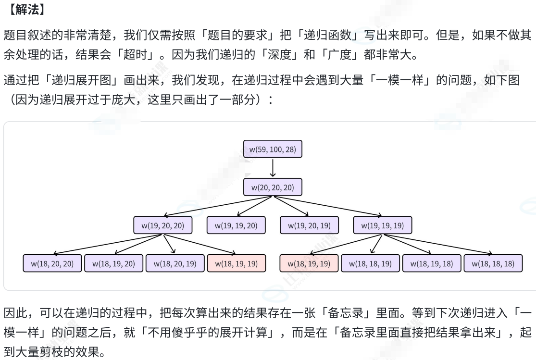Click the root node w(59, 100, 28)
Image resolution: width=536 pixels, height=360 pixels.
point(273,149)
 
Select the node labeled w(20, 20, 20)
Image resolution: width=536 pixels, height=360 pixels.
point(273,187)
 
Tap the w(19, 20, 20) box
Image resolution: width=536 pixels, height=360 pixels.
point(162,225)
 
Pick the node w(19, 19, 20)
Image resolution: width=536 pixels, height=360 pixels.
point(236,225)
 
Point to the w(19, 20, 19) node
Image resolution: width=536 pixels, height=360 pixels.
point(309,225)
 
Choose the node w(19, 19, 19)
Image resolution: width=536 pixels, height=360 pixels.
point(382,225)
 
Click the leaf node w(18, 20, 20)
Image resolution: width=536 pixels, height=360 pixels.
point(52,263)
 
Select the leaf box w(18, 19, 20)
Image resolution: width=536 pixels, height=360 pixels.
point(113,263)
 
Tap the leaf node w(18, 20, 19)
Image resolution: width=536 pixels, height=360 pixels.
point(175,263)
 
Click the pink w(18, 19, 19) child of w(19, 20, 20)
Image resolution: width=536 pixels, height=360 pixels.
point(236,263)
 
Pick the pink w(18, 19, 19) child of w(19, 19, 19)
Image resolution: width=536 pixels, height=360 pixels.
point(309,263)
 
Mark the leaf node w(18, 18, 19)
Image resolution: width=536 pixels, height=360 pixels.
point(370,263)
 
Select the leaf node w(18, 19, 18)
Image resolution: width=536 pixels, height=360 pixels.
point(431,263)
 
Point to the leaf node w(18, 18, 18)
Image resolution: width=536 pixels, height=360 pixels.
point(493,263)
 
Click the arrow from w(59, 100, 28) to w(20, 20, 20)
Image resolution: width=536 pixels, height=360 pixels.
point(273,168)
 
